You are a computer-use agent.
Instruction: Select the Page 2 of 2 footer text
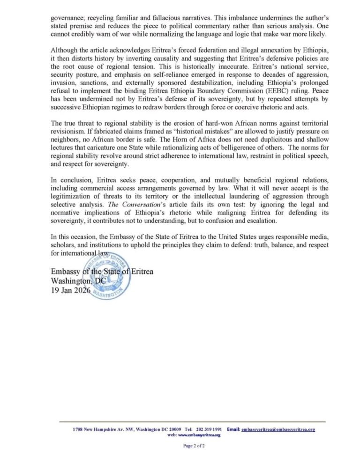194,446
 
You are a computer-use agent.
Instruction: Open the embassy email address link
278,429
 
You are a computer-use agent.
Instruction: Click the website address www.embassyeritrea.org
199,435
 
